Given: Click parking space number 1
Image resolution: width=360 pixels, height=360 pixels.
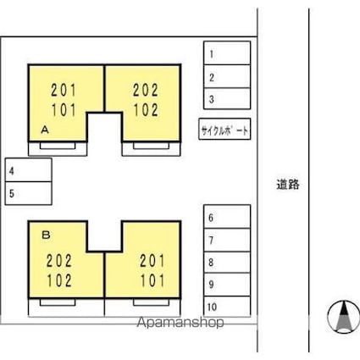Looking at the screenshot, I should point(226,53).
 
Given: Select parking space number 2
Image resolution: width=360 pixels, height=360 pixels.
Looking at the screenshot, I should point(226,76).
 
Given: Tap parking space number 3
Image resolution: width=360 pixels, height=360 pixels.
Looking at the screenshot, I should point(226,98).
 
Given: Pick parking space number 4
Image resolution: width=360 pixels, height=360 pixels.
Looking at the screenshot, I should point(27,171).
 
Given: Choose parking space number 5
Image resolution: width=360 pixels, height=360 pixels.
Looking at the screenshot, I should point(27,193).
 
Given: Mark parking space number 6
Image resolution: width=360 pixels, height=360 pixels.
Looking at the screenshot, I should point(226,217).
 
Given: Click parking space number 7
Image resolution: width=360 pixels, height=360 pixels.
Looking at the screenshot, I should point(226,240).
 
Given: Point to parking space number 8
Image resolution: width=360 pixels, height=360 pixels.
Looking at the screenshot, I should point(226,262).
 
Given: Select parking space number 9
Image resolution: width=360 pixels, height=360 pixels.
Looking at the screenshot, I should point(226,284).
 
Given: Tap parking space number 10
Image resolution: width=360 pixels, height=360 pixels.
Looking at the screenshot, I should point(226,306).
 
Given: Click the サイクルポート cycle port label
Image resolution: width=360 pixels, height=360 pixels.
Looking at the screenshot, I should point(225,130).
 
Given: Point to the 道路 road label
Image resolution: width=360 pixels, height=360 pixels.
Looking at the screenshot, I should point(288,183).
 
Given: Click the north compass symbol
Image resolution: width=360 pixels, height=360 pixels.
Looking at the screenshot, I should point(342,318).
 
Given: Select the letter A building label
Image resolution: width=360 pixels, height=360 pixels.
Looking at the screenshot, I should point(43,130).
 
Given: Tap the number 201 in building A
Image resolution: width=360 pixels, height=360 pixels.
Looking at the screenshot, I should point(64,88).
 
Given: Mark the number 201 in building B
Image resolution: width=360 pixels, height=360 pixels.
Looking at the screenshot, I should point(149,261).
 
